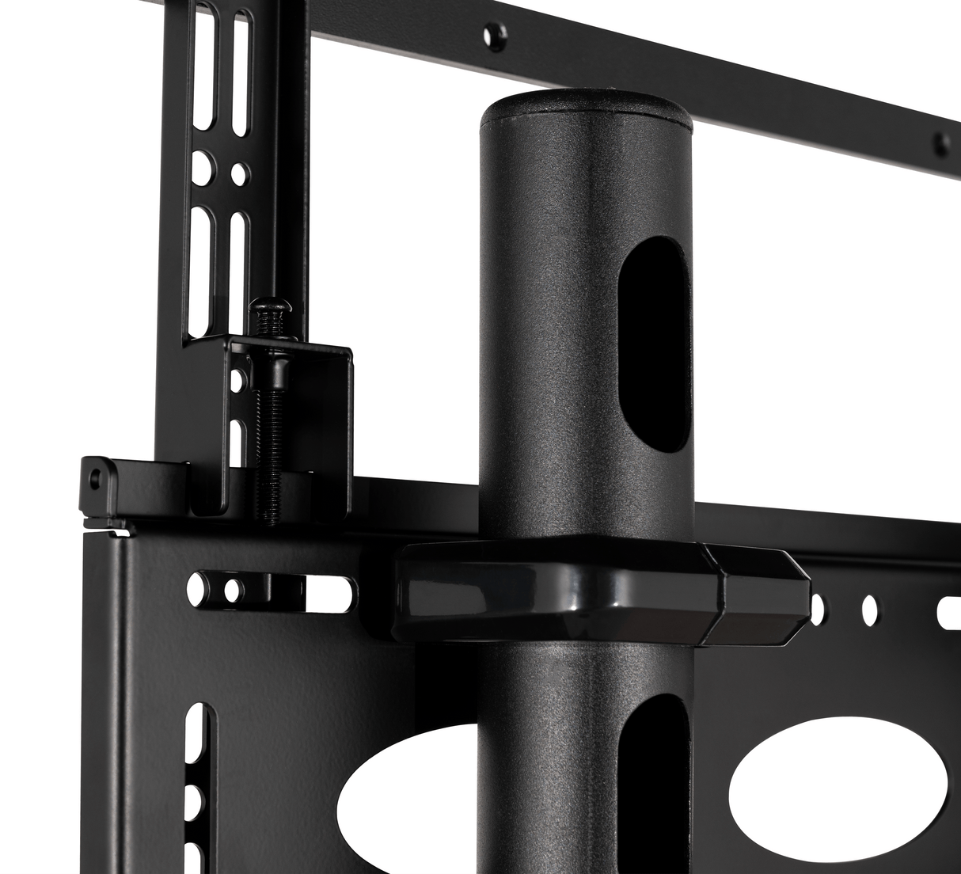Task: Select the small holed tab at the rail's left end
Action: click(x=97, y=477)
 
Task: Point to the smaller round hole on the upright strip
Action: click(x=237, y=171)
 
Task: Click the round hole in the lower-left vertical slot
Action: click(x=199, y=795)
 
